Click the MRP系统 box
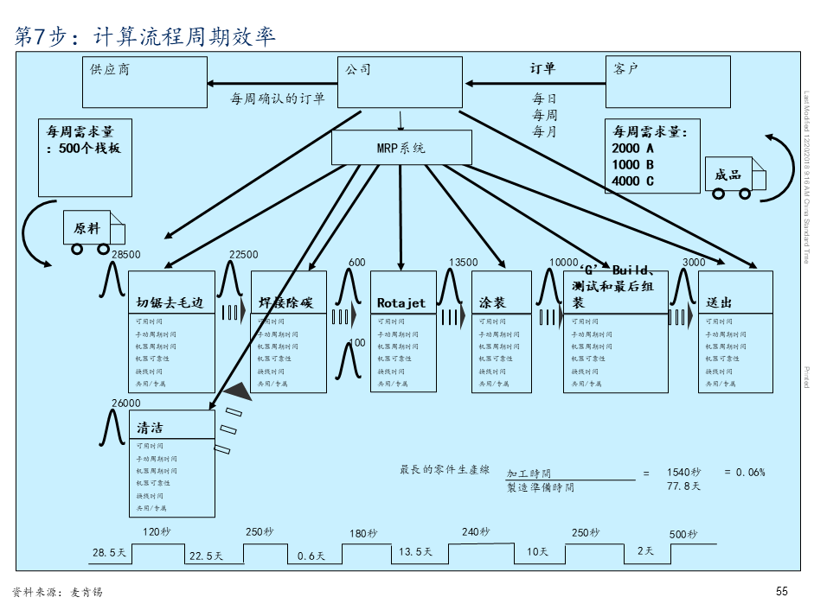point(401,147)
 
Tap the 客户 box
point(667,82)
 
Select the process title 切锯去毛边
point(170,303)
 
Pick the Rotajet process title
point(401,303)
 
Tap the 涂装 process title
point(492,303)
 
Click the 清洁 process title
point(150,428)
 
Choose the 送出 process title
point(719,303)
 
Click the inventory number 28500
point(126,254)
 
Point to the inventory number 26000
point(126,403)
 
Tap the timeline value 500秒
point(683,534)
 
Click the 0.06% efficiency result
point(750,473)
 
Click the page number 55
point(782,592)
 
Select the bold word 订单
point(543,68)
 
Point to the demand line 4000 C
point(633,181)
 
